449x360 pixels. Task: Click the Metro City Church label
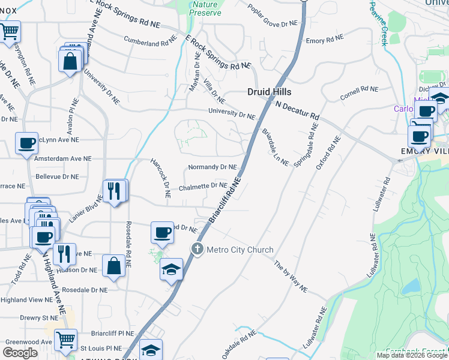[240, 250]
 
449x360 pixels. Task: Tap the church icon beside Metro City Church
[197, 249]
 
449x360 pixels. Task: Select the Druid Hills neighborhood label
[270, 92]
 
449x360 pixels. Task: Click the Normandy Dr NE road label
[212, 167]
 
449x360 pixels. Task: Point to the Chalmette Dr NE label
[203, 187]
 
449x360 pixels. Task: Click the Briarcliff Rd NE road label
[224, 202]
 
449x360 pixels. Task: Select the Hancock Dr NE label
[160, 179]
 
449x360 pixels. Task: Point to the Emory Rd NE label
[324, 40]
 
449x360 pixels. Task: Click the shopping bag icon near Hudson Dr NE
[113, 265]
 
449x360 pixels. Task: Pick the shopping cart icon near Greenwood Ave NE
[65, 340]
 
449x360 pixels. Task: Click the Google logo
[20, 353]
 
